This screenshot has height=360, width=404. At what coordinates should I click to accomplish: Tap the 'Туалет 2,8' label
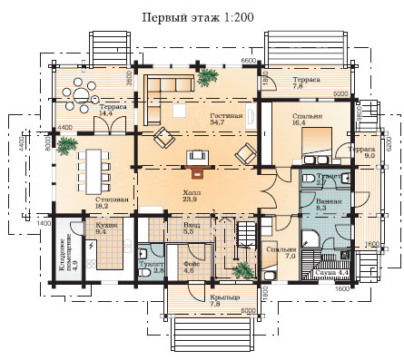pyautogui.click(x=152, y=268)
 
